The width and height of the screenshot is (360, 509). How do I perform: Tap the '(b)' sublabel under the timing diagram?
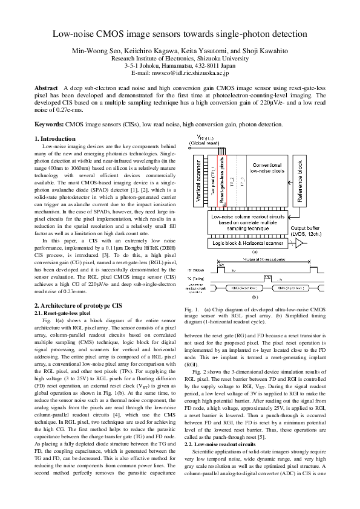pos(255,297)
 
